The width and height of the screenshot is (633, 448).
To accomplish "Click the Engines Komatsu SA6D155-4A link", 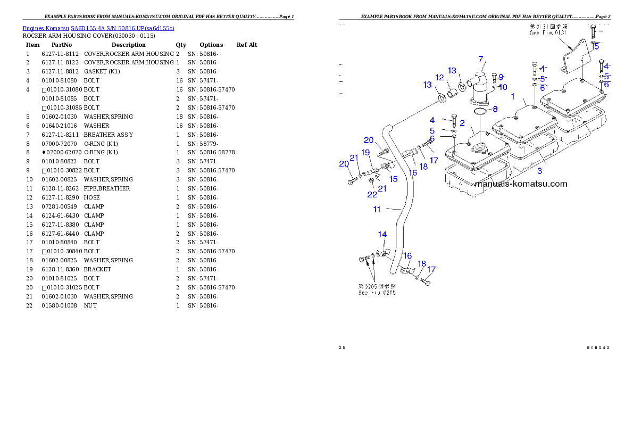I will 98,28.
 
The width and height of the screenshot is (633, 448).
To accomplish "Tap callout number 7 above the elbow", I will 480,59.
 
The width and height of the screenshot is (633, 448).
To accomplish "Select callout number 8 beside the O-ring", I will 495,110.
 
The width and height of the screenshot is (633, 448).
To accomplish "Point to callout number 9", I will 501,77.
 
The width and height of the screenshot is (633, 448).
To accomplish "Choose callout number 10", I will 503,87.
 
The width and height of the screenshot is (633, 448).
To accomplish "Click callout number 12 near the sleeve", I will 439,78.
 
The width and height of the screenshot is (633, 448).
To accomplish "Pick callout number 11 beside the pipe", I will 377,210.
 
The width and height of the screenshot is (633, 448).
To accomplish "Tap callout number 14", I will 382,235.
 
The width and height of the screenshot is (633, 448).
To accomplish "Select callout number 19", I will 366,153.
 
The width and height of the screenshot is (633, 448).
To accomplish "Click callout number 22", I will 372,195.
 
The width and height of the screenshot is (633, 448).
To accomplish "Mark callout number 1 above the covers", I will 513,97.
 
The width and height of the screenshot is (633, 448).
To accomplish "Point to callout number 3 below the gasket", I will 539,171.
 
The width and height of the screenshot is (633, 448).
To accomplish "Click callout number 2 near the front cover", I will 462,123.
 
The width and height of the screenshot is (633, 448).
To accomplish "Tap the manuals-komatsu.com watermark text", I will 521,184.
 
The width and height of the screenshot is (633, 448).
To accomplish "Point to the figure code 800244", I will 598,348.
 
